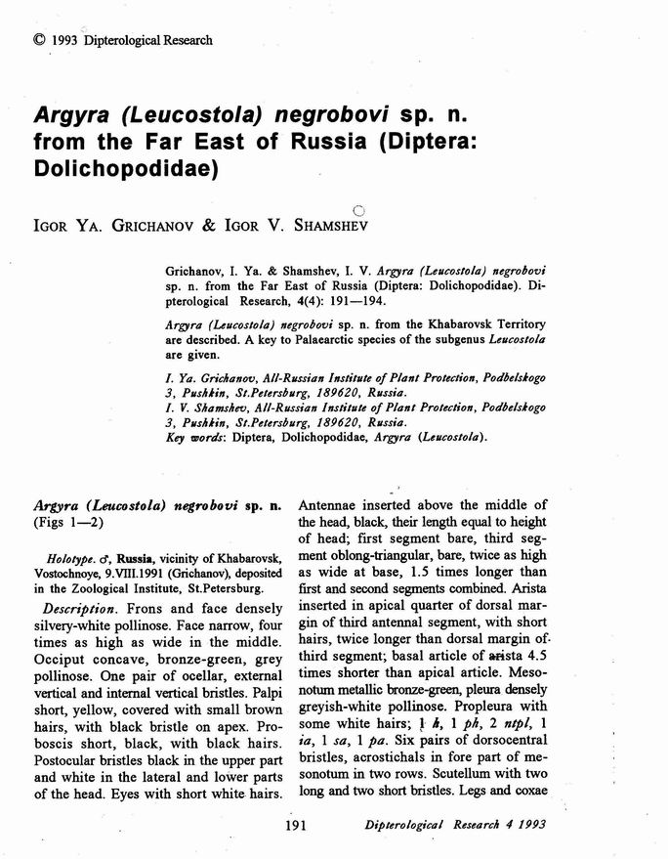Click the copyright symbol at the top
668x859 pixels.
coord(38,40)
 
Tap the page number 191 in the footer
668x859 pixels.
coord(298,827)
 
